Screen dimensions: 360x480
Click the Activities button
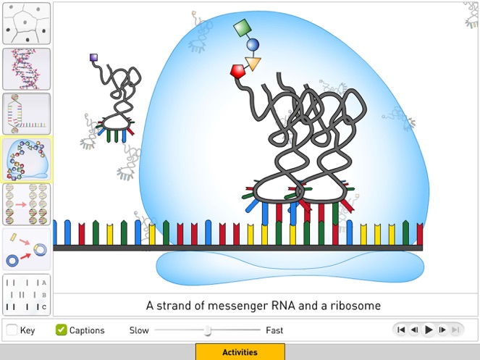(x=240, y=352)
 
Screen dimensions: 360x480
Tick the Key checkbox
(x=12, y=330)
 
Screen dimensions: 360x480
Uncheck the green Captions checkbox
(x=62, y=330)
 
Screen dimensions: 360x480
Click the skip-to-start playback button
(x=401, y=330)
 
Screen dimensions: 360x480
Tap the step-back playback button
(x=415, y=330)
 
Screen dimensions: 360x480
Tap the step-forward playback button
(x=442, y=330)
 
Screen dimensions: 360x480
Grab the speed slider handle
(x=208, y=330)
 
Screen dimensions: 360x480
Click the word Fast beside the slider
(x=274, y=330)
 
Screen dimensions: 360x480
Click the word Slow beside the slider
(x=139, y=330)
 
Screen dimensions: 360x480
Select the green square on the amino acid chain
(x=242, y=29)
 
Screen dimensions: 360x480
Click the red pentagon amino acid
(x=238, y=71)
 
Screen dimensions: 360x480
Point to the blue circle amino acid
(x=253, y=46)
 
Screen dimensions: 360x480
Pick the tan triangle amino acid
(x=253, y=64)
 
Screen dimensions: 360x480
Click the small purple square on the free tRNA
(x=93, y=56)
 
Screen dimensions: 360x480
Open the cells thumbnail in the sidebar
(x=27, y=24)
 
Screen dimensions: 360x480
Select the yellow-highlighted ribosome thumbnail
(x=27, y=159)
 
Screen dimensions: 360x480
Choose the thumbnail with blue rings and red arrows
(x=27, y=248)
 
